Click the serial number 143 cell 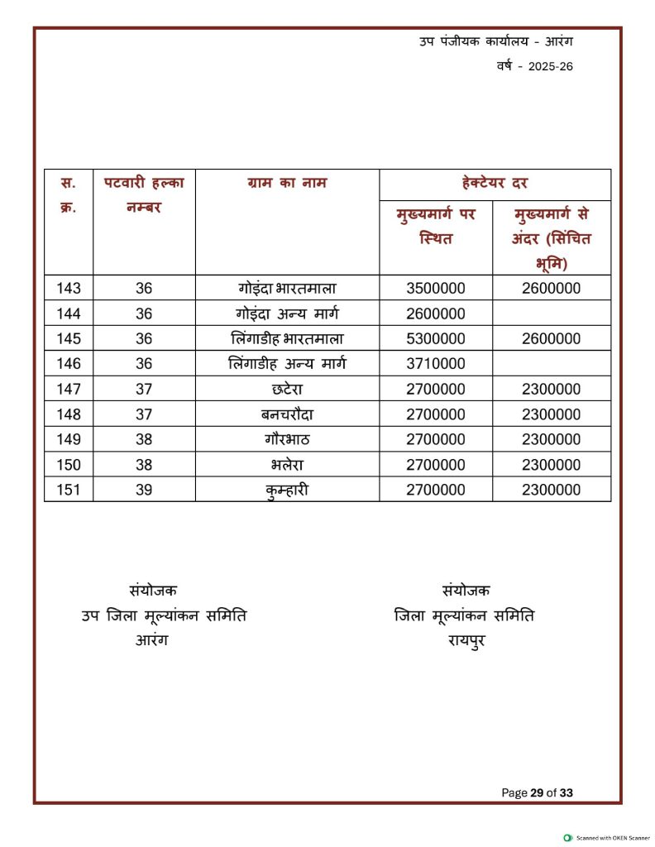tap(69, 289)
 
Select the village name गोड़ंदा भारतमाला tap(287, 289)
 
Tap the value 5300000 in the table tap(436, 338)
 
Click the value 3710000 tap(436, 363)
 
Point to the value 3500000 tap(436, 289)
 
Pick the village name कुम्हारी tap(287, 490)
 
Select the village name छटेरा tap(287, 389)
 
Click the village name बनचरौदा tap(287, 414)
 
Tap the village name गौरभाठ tap(287, 439)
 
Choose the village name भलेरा tap(287, 464)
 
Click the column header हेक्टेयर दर tap(495, 183)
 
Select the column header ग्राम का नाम tap(287, 183)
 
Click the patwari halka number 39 tap(144, 490)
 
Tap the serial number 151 tap(69, 490)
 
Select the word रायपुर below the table tap(466, 639)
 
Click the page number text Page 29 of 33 tap(537, 792)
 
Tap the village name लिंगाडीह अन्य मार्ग tap(287, 363)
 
